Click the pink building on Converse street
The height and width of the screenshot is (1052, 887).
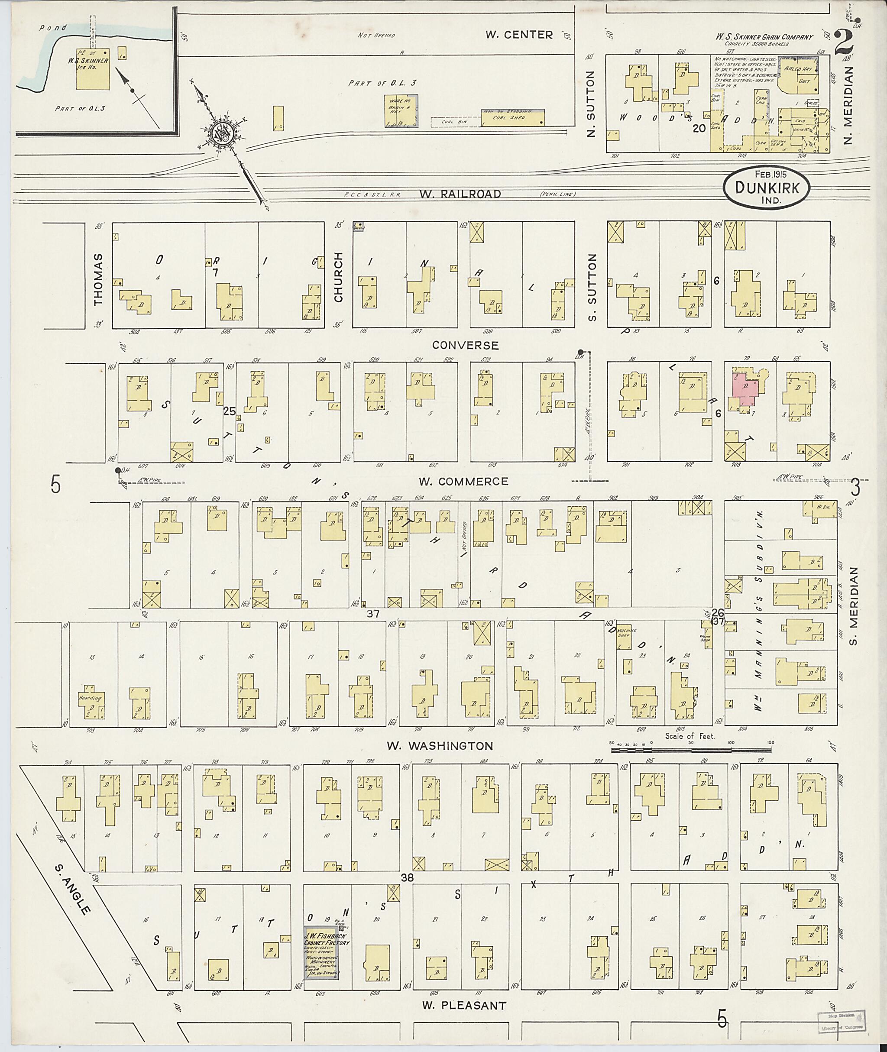point(745,392)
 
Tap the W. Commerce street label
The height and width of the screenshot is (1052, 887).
point(463,481)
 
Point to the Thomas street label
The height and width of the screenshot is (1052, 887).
point(97,279)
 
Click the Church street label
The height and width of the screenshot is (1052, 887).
point(338,278)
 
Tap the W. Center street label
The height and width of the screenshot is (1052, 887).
point(519,35)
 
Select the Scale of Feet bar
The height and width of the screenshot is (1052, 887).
point(691,750)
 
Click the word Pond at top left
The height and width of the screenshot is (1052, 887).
point(53,28)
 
